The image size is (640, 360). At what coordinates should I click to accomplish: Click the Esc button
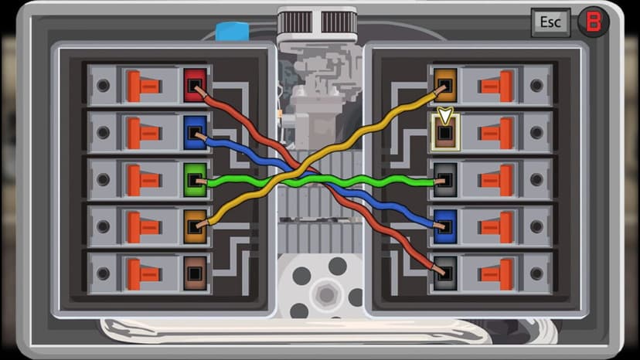point(550,22)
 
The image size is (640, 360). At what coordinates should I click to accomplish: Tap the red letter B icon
point(593,22)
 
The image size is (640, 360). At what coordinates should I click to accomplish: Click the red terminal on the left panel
point(195,85)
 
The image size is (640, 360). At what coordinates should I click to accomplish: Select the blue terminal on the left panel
point(195,132)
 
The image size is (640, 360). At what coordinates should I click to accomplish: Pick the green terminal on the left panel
point(195,179)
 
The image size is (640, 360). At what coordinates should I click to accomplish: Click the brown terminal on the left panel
point(195,273)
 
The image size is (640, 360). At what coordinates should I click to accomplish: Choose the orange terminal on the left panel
point(195,226)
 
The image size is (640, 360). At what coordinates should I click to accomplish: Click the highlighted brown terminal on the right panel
point(445,132)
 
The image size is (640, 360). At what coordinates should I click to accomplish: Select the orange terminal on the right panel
point(445,85)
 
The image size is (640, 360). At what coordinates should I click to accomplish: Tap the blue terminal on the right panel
point(445,226)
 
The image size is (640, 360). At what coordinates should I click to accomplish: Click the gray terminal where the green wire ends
point(445,179)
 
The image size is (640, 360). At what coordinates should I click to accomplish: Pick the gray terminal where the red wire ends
point(445,273)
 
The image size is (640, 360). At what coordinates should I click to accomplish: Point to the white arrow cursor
point(445,114)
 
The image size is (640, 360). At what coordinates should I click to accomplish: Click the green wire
point(321,180)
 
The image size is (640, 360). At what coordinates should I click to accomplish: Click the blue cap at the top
point(232,32)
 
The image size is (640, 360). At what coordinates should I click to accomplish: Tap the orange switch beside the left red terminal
point(143,86)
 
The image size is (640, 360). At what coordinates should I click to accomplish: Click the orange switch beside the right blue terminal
point(497,227)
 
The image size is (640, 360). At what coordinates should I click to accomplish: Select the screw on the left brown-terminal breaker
point(103,273)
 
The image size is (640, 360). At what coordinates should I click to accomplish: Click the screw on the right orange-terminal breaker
point(536,85)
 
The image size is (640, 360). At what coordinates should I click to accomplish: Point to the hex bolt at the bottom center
point(326,294)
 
